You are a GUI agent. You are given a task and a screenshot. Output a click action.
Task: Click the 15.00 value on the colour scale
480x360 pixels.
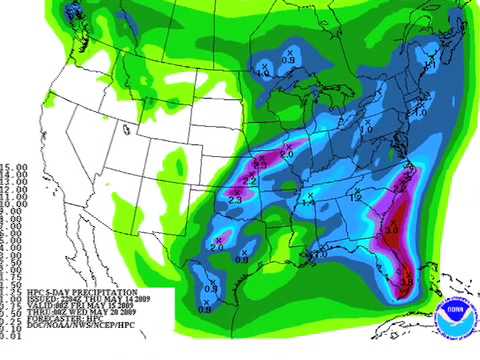pos(13,167)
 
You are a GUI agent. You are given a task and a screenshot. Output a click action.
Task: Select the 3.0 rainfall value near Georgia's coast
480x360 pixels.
pos(392,229)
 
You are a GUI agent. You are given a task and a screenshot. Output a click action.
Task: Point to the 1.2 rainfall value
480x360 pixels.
pos(353,197)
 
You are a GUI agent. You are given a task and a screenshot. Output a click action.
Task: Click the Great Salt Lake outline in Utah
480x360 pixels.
pos(127,128)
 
